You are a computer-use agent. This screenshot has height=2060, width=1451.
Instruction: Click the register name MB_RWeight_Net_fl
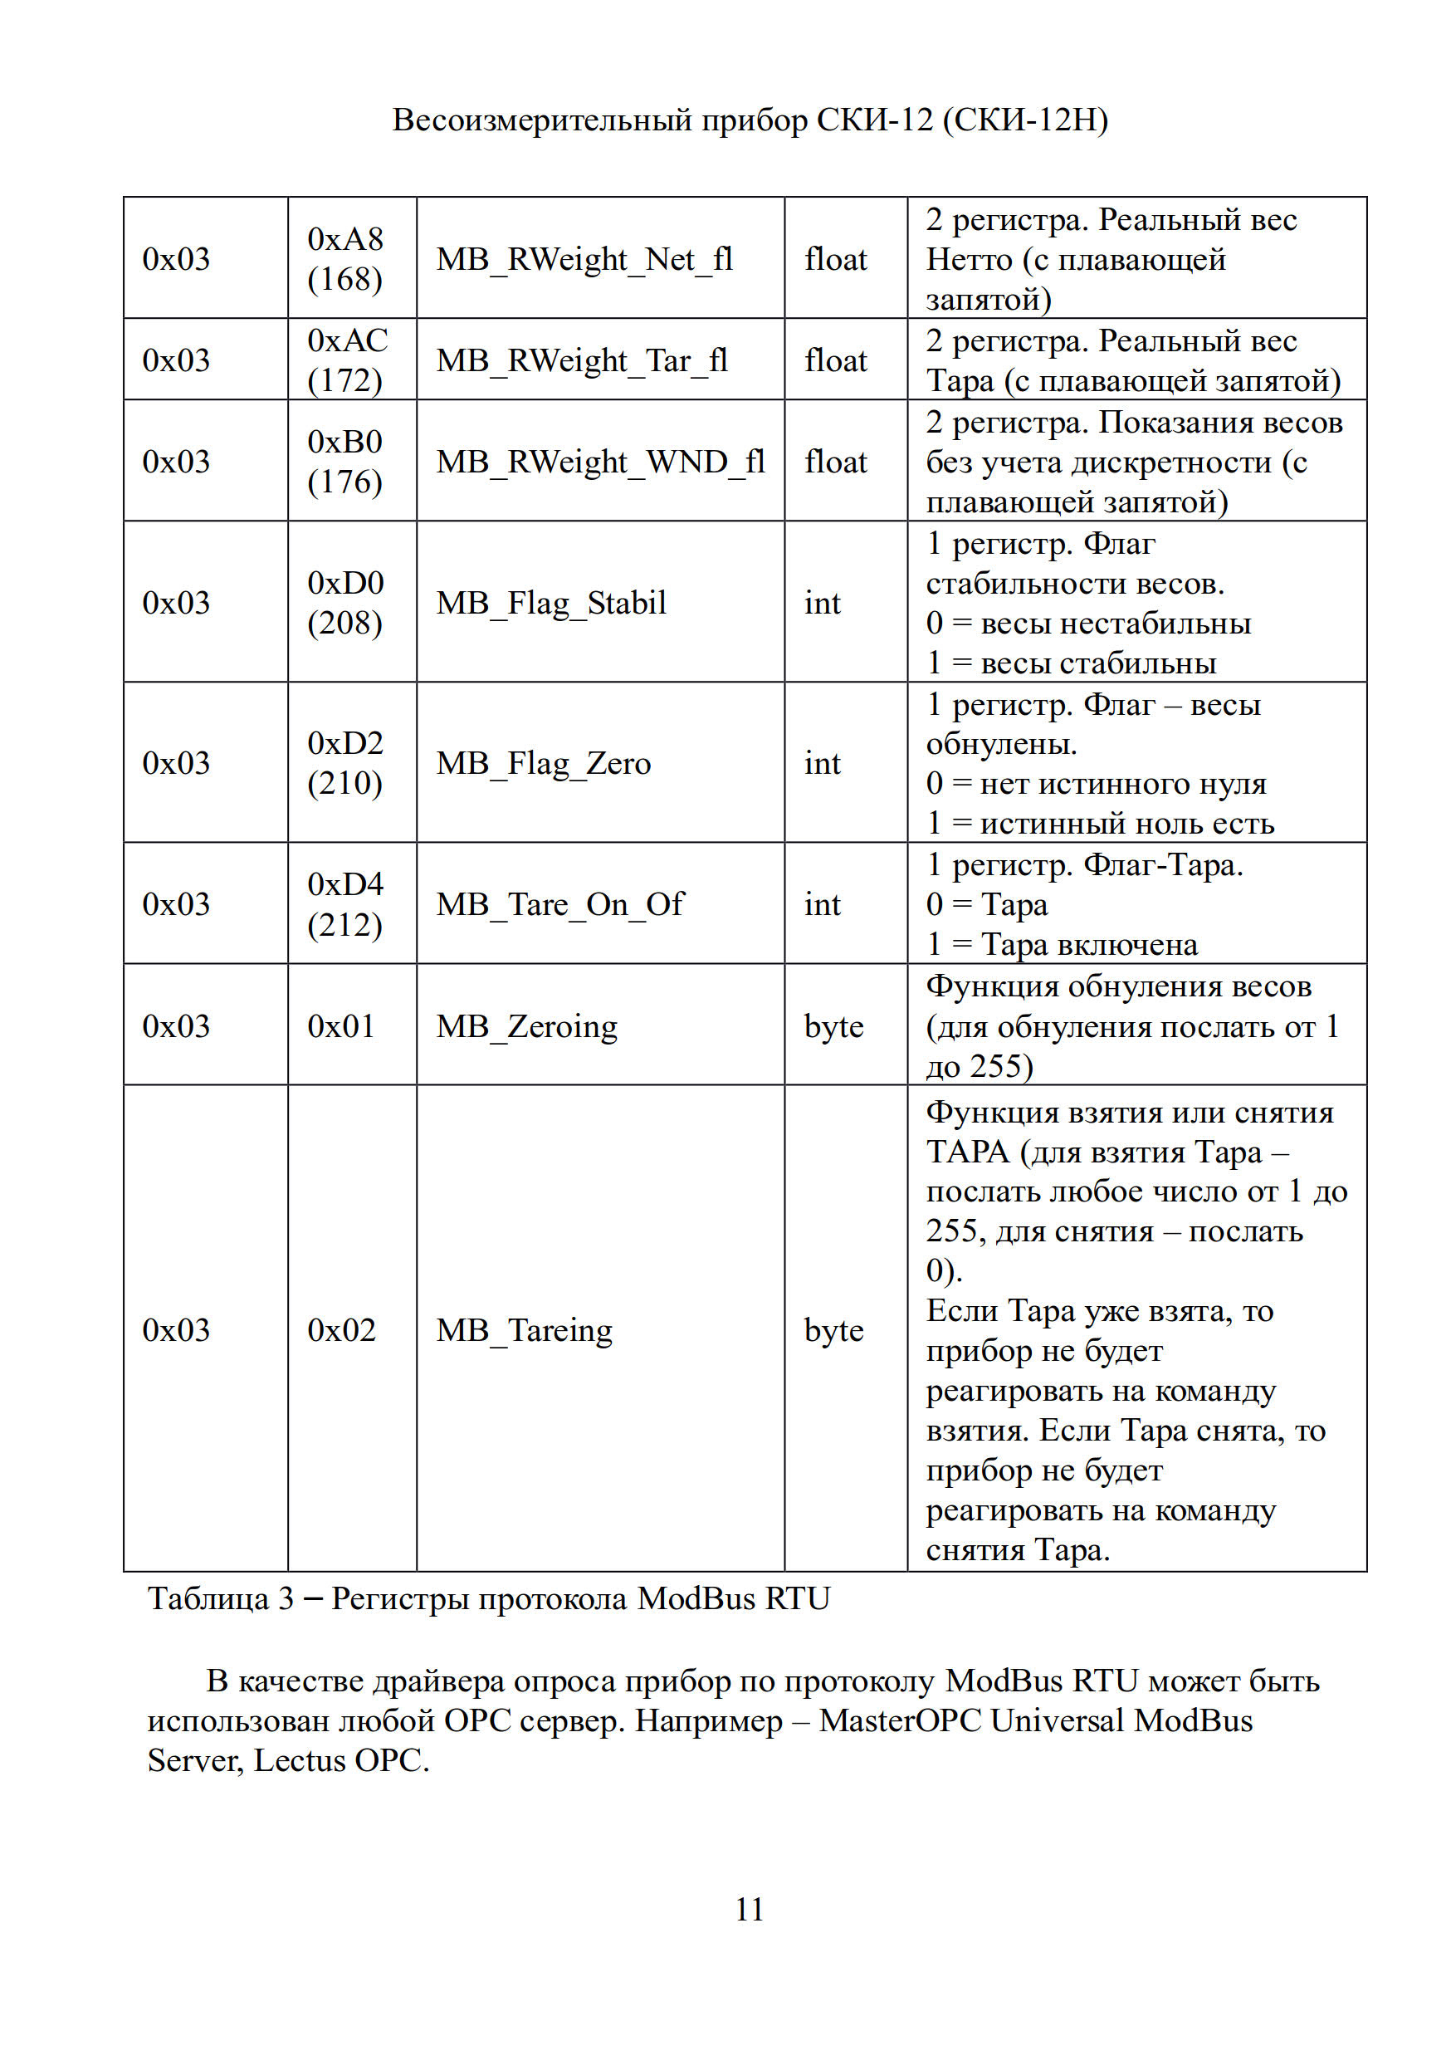pos(584,259)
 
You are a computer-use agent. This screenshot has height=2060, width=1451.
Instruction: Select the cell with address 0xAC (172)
pos(347,360)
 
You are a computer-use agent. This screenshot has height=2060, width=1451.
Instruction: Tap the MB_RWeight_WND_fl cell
pos(600,461)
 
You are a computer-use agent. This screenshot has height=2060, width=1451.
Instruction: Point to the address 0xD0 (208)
pos(345,602)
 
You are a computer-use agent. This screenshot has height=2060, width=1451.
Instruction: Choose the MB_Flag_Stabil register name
pos(550,603)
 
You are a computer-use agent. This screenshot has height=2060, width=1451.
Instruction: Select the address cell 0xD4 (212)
pos(345,903)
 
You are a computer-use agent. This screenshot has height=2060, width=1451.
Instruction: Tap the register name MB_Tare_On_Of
pos(559,904)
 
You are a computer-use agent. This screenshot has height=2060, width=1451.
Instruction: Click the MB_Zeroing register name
pos(526,1026)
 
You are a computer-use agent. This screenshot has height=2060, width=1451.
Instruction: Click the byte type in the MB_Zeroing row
pos(833,1026)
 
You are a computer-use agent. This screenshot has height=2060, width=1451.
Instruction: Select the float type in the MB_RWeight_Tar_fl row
pos(835,360)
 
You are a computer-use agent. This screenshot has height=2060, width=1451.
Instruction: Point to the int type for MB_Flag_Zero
pos(822,764)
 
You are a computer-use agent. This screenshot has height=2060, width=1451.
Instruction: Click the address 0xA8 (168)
pos(345,258)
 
